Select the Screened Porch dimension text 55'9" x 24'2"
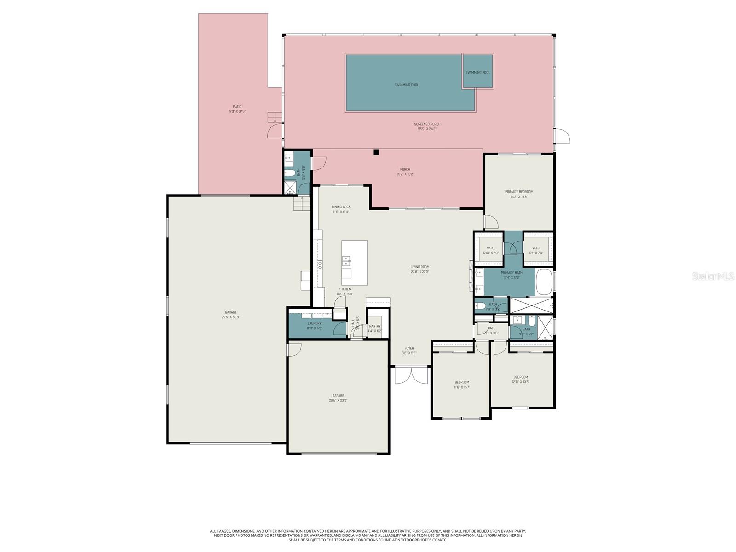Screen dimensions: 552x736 click(426, 129)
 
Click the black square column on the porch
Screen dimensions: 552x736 click(376, 152)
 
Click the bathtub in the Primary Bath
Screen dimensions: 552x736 click(544, 282)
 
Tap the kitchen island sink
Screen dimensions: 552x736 click(346, 261)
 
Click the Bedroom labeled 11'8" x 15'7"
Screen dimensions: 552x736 click(462, 385)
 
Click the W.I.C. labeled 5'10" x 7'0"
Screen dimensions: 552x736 click(490, 251)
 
